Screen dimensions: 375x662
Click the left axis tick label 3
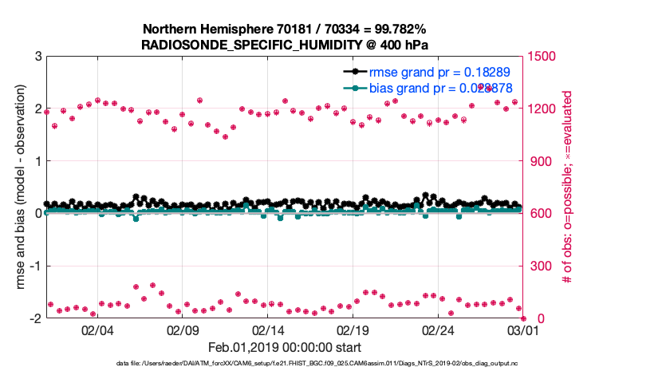37,57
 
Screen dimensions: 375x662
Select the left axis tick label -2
35,318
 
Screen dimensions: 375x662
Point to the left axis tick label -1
35,266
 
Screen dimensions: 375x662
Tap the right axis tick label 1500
545,57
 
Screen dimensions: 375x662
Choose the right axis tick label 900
542,161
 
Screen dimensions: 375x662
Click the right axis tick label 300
542,266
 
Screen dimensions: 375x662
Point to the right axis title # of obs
567,187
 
